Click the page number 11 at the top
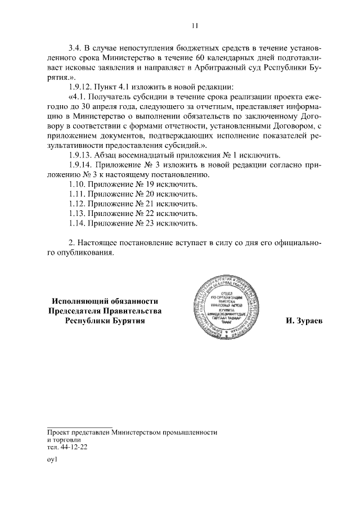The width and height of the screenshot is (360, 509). (194, 25)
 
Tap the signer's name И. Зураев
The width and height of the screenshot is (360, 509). (308, 321)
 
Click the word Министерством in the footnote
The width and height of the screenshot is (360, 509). (136, 432)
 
